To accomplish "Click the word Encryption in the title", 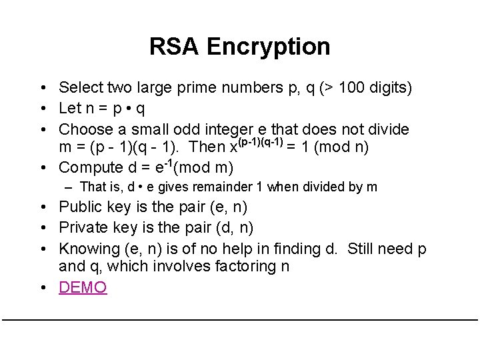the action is (x=268, y=47).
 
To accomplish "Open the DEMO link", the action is (x=83, y=288).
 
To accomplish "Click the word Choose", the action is (x=83, y=129).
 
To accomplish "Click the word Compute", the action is (x=88, y=167).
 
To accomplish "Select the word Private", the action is (x=82, y=227).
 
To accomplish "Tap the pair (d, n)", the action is (x=235, y=227).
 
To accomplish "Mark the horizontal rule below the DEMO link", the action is (x=240, y=320).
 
